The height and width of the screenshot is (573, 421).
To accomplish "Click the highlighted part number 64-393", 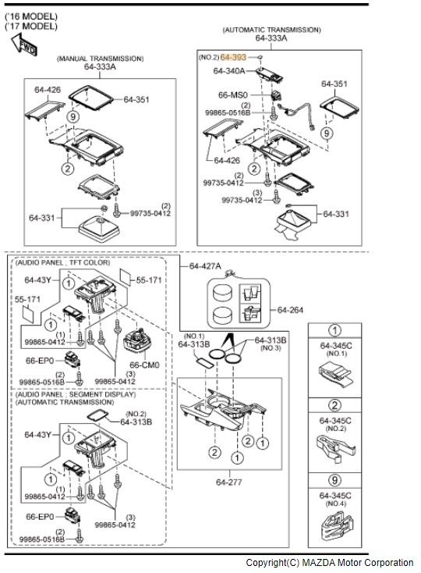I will point(233,57).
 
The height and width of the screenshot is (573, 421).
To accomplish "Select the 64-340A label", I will point(229,71).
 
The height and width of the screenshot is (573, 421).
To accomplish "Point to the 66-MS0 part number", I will point(233,94).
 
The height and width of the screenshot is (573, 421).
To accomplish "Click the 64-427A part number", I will point(205,266).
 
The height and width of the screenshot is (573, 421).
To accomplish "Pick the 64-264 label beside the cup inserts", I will point(291,310).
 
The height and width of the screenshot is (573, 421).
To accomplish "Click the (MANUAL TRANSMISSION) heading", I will point(100,59).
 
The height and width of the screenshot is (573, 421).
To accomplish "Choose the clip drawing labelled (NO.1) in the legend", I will point(336,375).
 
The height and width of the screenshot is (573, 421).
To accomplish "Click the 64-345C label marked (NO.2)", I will point(336,421).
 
